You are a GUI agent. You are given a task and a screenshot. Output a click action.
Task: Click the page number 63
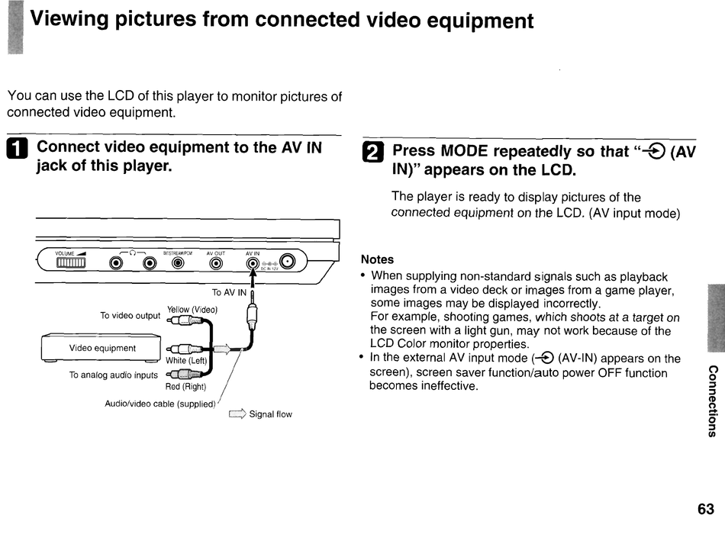coord(705,509)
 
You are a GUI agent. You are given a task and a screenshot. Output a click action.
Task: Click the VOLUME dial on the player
coord(70,263)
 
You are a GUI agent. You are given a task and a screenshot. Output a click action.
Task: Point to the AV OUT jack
coord(216,264)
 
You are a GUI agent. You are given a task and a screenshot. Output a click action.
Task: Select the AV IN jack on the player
coord(253,264)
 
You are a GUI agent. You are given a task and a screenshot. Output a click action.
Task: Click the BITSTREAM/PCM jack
coord(178,264)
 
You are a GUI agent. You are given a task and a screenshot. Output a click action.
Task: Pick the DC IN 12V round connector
coord(288,262)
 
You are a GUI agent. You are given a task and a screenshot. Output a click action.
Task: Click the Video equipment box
coord(102,348)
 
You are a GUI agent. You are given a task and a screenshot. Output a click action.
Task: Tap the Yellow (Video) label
coord(192,310)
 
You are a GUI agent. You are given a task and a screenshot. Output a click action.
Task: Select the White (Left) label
coord(186,361)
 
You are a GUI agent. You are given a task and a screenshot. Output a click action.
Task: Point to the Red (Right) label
coord(186,387)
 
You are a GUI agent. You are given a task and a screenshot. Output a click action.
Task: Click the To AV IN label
coord(229,292)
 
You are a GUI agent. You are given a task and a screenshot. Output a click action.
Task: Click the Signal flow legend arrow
coord(237,414)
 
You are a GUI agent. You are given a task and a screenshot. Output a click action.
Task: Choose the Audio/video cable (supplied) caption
coord(160,404)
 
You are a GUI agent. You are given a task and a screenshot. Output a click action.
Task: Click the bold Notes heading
coord(377,259)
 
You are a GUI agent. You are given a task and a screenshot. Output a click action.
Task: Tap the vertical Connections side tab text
coord(712,401)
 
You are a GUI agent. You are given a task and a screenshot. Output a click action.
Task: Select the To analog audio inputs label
coord(114,375)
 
